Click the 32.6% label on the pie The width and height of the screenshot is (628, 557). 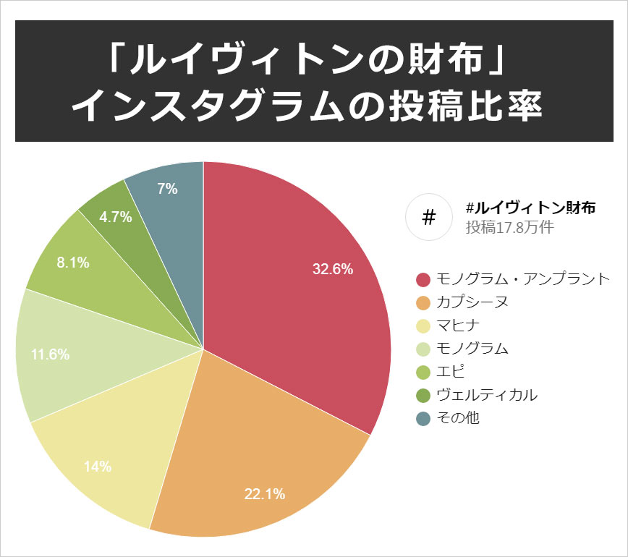[333, 270]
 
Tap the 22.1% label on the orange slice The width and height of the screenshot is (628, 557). [265, 495]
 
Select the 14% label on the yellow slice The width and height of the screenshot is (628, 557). [98, 467]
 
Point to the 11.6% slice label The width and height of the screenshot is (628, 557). [51, 354]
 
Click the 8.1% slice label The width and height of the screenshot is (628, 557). [73, 263]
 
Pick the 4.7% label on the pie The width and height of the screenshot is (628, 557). [116, 216]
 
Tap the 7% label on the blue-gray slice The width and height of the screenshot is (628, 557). [167, 189]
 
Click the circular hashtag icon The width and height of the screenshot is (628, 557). [428, 217]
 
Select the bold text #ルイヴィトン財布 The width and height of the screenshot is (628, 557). [531, 208]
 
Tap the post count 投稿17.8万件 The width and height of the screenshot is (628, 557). [509, 227]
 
